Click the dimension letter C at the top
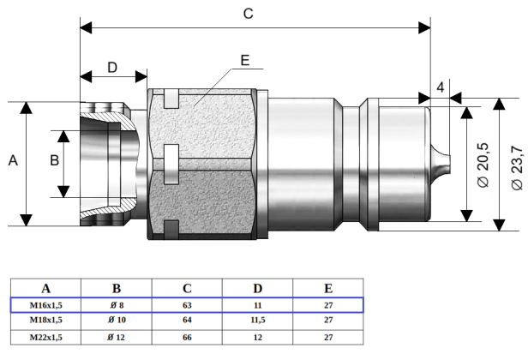tap(249, 14)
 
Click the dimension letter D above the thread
tap(112, 68)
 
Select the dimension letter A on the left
tap(12, 161)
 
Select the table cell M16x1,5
tap(45, 304)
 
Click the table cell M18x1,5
tap(45, 320)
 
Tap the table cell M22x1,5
tap(45, 337)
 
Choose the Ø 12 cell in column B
tap(116, 337)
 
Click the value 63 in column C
tap(187, 304)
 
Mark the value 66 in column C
tap(187, 337)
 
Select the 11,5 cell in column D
tap(257, 320)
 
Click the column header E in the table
tap(328, 288)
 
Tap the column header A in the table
tap(45, 288)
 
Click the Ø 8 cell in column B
tap(116, 304)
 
